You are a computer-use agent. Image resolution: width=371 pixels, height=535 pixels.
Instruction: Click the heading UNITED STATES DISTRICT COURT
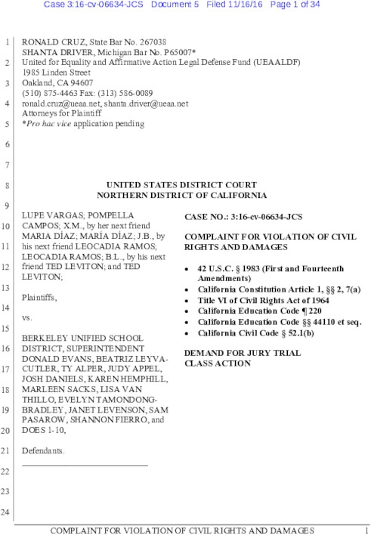[181, 184]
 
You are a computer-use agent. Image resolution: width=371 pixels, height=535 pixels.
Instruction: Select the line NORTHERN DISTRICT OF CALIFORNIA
[181, 194]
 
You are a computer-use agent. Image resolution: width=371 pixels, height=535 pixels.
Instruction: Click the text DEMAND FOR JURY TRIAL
[232, 353]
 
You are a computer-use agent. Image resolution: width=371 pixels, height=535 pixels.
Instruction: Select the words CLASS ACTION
[217, 363]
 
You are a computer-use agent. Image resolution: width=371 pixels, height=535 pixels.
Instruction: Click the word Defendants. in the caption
[43, 450]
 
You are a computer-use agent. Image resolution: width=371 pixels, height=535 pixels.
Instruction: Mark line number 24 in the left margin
[8, 514]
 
